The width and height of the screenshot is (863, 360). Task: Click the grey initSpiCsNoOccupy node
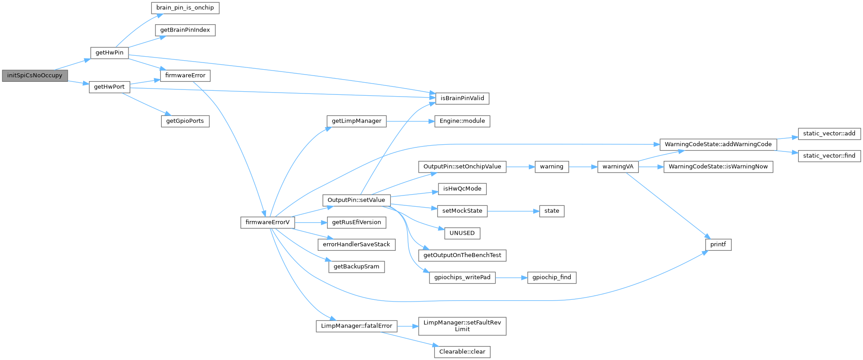pyautogui.click(x=35, y=76)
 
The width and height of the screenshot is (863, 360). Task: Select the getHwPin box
pyautogui.click(x=109, y=53)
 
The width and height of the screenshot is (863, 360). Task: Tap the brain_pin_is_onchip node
pyautogui.click(x=185, y=8)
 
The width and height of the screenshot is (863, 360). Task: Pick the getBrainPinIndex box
pyautogui.click(x=185, y=30)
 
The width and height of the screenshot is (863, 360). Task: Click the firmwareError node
pyautogui.click(x=185, y=76)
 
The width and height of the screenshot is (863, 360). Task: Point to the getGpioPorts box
pyautogui.click(x=185, y=121)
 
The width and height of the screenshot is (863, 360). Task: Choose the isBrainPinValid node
pyautogui.click(x=462, y=98)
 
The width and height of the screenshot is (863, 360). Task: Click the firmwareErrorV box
pyautogui.click(x=267, y=222)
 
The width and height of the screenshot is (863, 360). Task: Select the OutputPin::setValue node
pyautogui.click(x=356, y=200)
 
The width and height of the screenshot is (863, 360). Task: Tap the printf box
pyautogui.click(x=718, y=244)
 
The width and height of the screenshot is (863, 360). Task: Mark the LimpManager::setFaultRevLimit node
pyautogui.click(x=462, y=326)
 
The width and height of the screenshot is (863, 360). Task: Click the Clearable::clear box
pyautogui.click(x=462, y=351)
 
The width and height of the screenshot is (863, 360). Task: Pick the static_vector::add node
pyautogui.click(x=829, y=133)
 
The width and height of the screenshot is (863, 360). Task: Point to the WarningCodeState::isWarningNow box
pyautogui.click(x=718, y=167)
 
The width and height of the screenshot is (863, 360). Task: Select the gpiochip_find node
pyautogui.click(x=552, y=277)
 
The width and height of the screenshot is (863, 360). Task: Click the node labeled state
pyautogui.click(x=552, y=211)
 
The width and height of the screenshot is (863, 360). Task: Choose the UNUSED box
pyautogui.click(x=462, y=233)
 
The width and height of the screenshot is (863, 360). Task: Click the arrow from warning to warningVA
pyautogui.click(x=583, y=167)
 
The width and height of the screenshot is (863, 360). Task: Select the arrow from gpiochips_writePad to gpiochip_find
pyautogui.click(x=511, y=278)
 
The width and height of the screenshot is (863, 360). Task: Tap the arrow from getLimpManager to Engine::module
pyautogui.click(x=410, y=121)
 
